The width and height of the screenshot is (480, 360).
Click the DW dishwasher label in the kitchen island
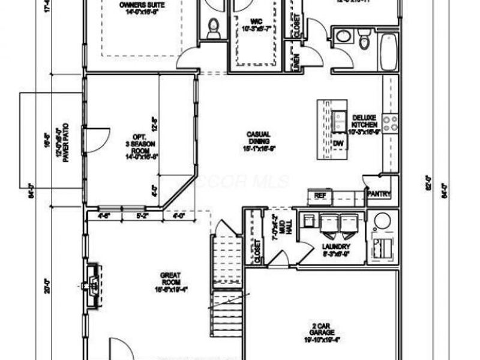click(338, 143)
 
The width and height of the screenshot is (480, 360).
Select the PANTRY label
click(379, 194)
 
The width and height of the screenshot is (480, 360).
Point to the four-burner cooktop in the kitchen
click(390, 123)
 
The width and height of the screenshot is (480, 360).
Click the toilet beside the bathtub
click(364, 40)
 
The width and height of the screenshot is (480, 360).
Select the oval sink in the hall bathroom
click(343, 37)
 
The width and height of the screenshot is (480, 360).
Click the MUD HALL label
click(276, 229)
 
